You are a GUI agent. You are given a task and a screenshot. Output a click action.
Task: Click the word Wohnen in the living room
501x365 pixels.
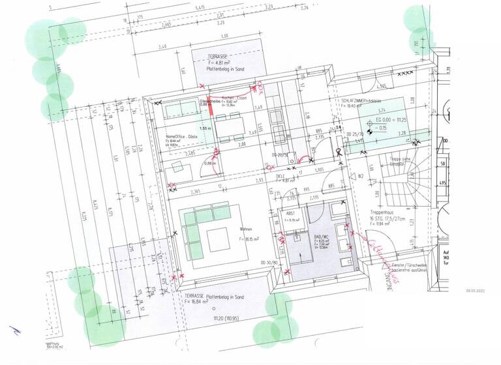246,229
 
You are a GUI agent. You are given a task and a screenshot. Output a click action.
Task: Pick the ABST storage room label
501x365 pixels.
291,213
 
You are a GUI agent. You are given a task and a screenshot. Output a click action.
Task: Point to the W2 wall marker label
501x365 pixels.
360,175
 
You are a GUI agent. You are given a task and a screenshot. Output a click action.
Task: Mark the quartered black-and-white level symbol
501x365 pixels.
370,132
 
